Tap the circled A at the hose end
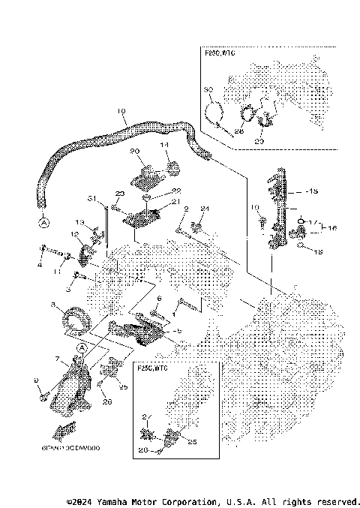click(x=43, y=223)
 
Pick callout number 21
click(x=175, y=201)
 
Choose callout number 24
click(x=204, y=208)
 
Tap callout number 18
click(x=318, y=253)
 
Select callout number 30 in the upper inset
click(x=209, y=90)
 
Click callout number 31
click(x=91, y=198)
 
